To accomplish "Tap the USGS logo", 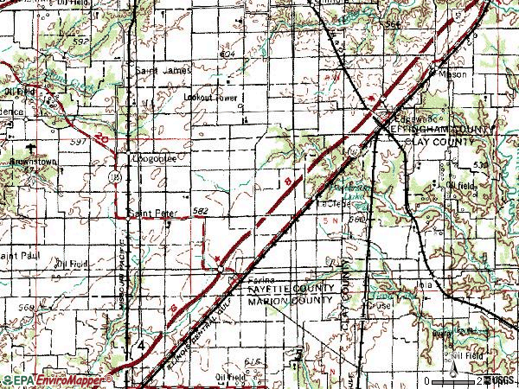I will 502,380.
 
